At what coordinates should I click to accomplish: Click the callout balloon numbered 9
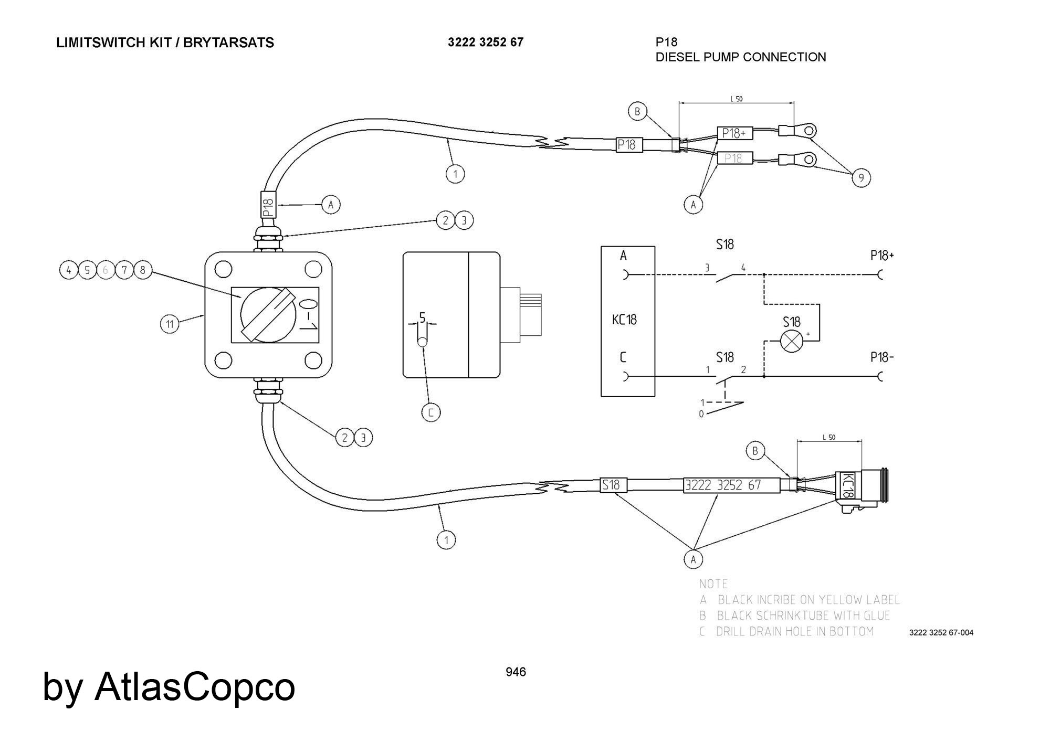pyautogui.click(x=861, y=178)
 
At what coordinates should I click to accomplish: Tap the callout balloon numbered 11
pyautogui.click(x=170, y=324)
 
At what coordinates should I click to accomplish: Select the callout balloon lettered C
pyautogui.click(x=431, y=412)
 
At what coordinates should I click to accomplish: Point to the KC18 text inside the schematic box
pyautogui.click(x=624, y=319)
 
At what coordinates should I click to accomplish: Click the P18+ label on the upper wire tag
pyautogui.click(x=734, y=133)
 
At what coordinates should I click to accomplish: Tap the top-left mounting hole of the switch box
pyautogui.click(x=223, y=270)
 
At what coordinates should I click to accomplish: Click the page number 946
pyautogui.click(x=516, y=672)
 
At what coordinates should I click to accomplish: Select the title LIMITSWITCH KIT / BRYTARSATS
pyautogui.click(x=165, y=43)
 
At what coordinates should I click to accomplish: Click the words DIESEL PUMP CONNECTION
pyautogui.click(x=740, y=57)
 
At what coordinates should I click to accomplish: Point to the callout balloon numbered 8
pyautogui.click(x=142, y=270)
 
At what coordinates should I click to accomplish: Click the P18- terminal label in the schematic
pyautogui.click(x=881, y=357)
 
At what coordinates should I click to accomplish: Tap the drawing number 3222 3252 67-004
pyautogui.click(x=941, y=632)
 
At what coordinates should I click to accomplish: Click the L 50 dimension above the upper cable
pyautogui.click(x=736, y=99)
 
